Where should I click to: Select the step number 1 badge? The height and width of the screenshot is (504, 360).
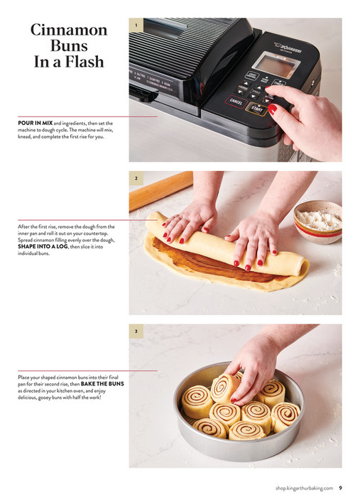coord(136,26)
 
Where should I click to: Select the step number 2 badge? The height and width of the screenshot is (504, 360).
coord(136,178)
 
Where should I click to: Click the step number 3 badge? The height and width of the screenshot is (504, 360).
coord(136,331)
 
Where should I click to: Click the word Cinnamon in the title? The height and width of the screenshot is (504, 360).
coord(69,31)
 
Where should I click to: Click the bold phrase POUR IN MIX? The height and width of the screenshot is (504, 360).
coord(34,123)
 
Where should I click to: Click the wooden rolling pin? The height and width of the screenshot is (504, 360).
coord(160,190)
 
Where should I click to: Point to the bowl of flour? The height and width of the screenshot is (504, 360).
coord(317,219)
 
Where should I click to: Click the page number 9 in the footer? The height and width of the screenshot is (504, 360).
coord(340,488)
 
